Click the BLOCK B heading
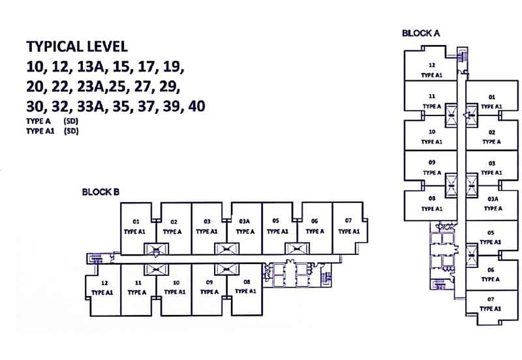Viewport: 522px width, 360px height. [100, 192]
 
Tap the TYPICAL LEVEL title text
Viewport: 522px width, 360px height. [76, 47]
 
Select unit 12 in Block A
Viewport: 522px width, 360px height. [431, 70]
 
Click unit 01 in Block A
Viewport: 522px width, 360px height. [491, 100]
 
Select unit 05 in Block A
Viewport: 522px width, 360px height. [491, 237]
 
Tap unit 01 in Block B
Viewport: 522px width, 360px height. [137, 226]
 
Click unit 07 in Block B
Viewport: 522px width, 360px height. [348, 226]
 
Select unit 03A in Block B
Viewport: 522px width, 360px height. [245, 226]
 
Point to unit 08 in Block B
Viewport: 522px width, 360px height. [245, 286]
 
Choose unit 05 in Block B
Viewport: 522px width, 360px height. [277, 226]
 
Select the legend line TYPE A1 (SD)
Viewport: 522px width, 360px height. [52, 130]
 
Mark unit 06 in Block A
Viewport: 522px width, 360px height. [491, 274]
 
